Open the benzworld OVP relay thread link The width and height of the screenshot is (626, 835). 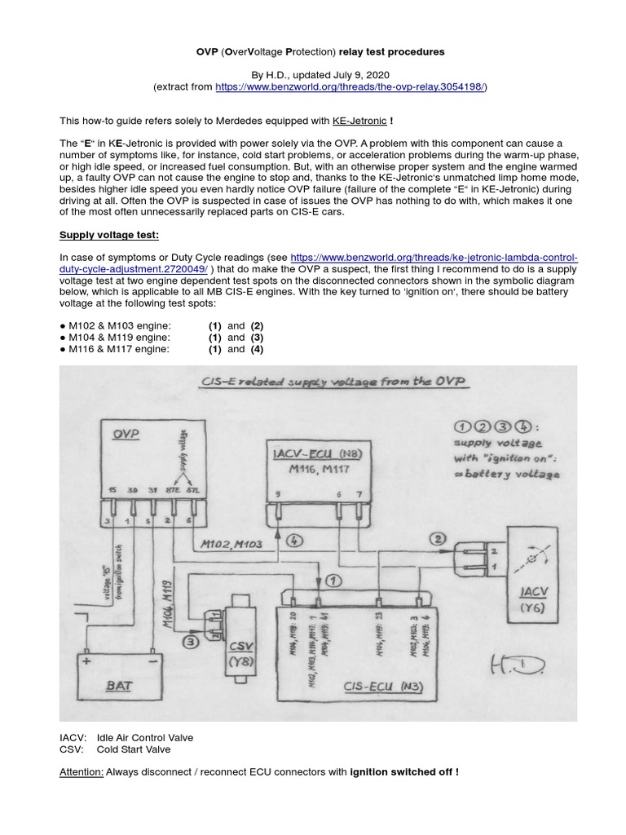point(351,86)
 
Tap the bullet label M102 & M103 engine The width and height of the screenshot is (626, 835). point(119,325)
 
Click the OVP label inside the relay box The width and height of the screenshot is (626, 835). point(126,435)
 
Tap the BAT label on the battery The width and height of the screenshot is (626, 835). point(119,687)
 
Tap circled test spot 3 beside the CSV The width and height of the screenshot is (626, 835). point(190,643)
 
